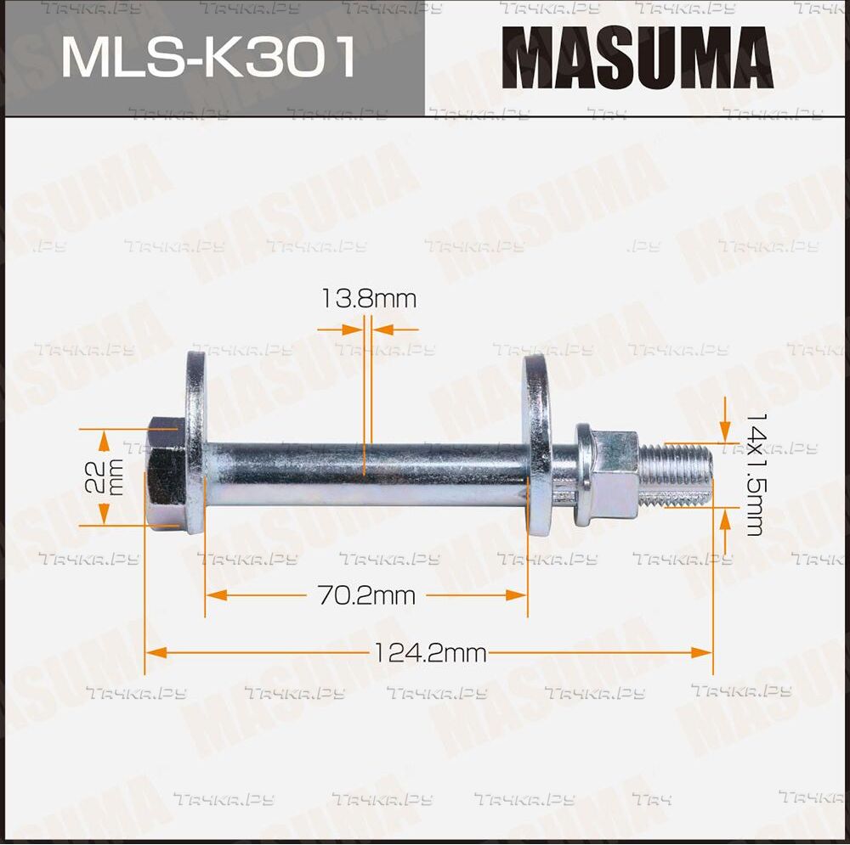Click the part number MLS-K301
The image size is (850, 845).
click(209, 57)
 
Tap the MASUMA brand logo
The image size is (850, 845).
click(637, 58)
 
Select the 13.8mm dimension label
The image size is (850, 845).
click(369, 298)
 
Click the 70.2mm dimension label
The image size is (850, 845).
click(366, 596)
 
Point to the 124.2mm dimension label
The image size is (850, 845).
click(430, 653)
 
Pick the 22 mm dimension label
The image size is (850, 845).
click(104, 476)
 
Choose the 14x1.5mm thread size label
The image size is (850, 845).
click(756, 475)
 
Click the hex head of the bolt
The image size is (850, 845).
click(167, 472)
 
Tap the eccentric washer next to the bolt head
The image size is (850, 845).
click(195, 442)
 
